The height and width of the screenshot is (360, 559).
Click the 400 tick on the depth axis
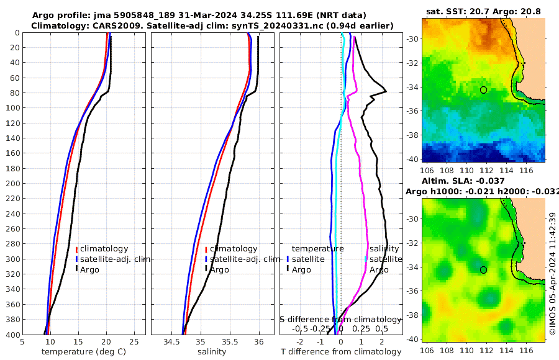[12, 335]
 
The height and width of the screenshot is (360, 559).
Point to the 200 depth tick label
[12, 183]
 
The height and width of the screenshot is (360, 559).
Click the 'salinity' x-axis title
[212, 352]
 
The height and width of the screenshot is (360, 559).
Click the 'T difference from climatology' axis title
[341, 352]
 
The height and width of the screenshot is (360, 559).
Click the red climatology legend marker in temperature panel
[76, 249]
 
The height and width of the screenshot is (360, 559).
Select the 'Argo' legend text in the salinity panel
[219, 269]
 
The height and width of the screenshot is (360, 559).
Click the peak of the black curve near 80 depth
[386, 91]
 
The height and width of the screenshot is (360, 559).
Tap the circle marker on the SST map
[483, 90]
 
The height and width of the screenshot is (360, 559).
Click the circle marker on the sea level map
[483, 269]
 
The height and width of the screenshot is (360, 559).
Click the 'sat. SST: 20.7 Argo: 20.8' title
[483, 11]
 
